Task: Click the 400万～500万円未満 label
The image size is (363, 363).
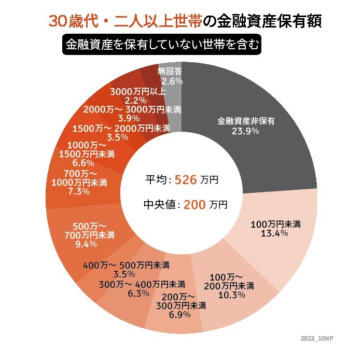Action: click(127, 265)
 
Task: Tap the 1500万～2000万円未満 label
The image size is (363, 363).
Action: click(121, 128)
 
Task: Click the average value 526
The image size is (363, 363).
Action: click(187, 180)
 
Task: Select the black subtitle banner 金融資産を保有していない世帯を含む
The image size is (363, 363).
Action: click(161, 45)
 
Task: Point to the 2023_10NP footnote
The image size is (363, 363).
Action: click(317, 338)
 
